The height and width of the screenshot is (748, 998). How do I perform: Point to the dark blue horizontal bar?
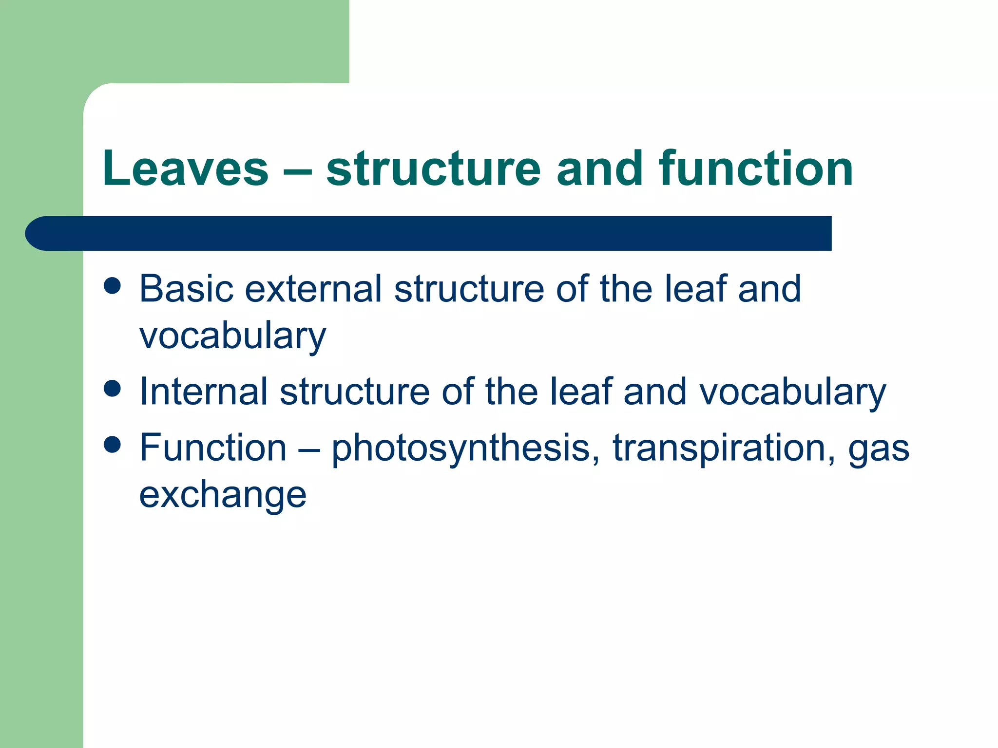tap(429, 233)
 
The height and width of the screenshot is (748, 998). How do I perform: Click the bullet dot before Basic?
tap(113, 286)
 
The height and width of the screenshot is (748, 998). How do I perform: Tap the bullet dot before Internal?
tap(113, 389)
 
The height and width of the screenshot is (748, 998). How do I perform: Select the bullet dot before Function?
tap(113, 445)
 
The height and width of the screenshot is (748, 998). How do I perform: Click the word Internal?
tap(203, 392)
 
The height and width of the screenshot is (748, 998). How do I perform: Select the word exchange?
tap(223, 495)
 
